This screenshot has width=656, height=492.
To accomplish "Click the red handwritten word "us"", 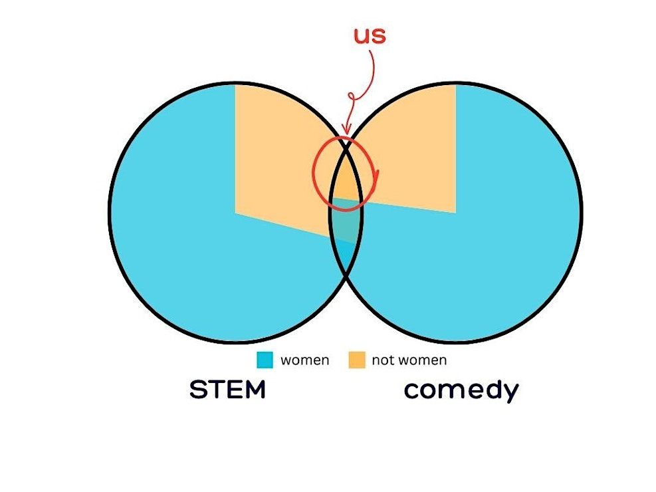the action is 370,35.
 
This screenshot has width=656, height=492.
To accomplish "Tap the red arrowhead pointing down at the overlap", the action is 346,129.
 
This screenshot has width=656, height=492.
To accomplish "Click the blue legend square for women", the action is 265,360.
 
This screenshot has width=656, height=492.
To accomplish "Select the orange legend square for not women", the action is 356,360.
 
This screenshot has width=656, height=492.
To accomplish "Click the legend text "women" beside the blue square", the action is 304,360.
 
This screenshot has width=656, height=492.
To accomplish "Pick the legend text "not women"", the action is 409,360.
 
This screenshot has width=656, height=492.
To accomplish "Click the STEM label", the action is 227,390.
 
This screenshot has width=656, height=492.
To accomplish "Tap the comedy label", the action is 461,391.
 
